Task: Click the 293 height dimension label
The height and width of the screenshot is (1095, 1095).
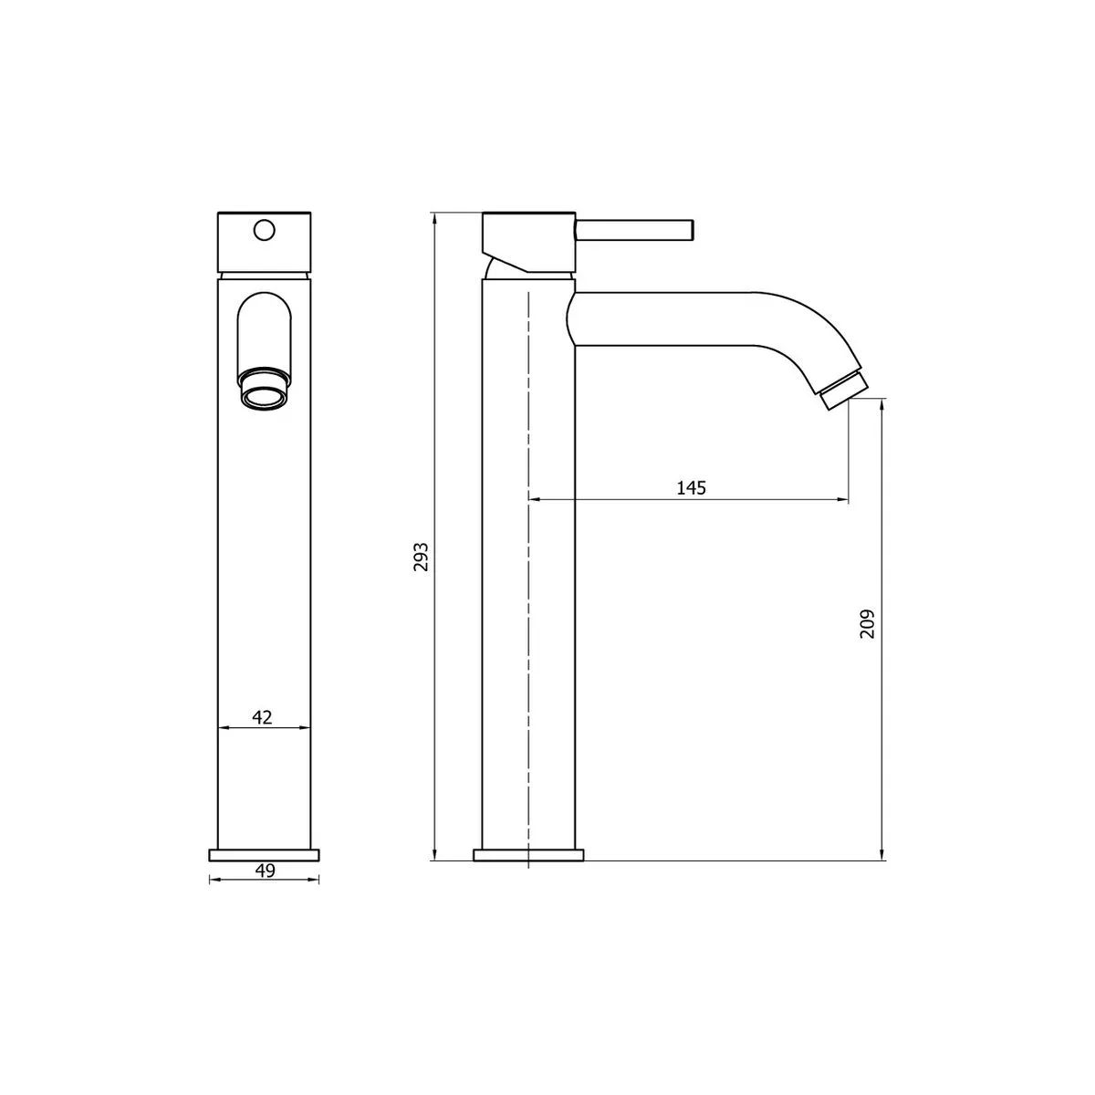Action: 421,556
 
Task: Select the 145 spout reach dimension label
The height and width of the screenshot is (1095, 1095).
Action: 691,487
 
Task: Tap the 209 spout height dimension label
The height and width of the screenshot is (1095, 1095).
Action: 868,623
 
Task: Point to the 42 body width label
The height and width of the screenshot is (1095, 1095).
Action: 262,716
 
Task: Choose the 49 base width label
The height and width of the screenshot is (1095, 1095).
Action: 265,871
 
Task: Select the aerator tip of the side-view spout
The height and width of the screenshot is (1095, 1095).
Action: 842,390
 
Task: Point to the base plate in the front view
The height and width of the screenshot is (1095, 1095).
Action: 265,854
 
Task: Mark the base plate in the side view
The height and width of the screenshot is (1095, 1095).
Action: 528,854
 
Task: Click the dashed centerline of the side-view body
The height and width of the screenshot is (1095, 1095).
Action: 528,566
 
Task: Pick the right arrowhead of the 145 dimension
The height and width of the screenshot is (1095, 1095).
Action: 843,499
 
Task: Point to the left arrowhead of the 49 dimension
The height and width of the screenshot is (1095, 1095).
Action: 214,880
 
